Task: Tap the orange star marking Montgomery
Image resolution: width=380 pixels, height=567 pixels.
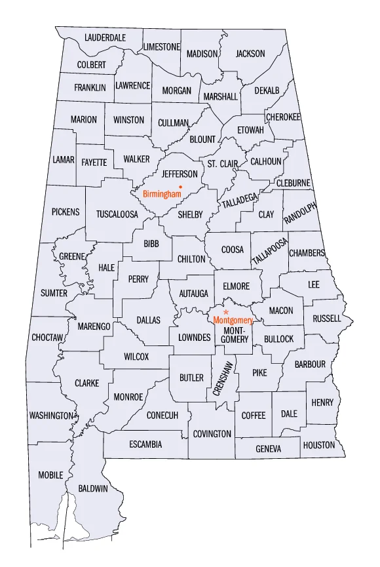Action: point(225,312)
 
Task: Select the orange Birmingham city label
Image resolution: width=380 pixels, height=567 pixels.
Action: point(162,194)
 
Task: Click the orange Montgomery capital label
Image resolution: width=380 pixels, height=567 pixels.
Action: point(233,320)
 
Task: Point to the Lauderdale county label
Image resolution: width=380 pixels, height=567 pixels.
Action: point(105,37)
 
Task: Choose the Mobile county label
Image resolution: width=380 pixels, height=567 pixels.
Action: point(50,475)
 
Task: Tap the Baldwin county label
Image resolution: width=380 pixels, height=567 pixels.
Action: point(93,488)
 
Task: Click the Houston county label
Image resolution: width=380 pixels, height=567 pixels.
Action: point(319,445)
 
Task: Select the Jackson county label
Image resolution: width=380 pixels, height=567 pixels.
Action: point(250,54)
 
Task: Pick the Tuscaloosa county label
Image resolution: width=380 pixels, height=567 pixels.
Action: point(117,214)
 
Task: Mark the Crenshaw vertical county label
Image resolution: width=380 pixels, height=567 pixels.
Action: point(223,378)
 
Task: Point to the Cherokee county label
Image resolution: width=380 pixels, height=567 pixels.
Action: point(283,117)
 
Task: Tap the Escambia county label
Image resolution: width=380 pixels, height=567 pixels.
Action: point(145,444)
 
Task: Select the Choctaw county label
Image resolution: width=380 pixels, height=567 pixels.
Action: point(47,338)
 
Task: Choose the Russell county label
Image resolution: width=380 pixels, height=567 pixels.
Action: point(327,319)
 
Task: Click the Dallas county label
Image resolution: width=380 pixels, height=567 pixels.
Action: point(148,320)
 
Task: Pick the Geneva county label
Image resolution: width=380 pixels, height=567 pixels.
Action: point(268,449)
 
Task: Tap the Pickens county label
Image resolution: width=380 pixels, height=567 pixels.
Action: point(66,212)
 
